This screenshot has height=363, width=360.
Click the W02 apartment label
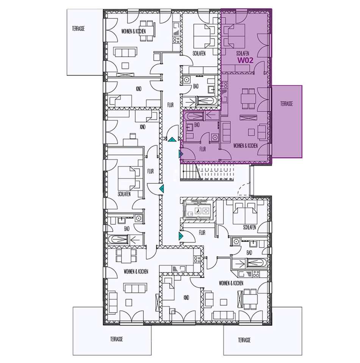tap(246, 60)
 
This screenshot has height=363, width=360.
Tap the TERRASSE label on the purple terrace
tap(286, 103)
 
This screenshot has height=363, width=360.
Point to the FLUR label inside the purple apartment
tap(203, 149)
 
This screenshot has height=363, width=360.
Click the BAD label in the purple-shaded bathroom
tap(197, 125)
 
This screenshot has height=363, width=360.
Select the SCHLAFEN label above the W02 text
tap(243, 53)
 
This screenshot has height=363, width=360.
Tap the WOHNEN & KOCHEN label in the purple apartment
tap(246, 146)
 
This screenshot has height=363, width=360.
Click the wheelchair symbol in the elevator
tap(199, 210)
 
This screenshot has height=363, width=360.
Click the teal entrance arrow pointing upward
tap(172, 139)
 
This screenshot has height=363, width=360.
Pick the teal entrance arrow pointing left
tap(161, 188)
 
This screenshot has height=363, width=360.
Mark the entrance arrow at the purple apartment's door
tap(181, 153)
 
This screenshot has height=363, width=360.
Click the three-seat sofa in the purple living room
tap(226, 131)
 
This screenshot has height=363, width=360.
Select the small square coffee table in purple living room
tap(251, 132)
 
